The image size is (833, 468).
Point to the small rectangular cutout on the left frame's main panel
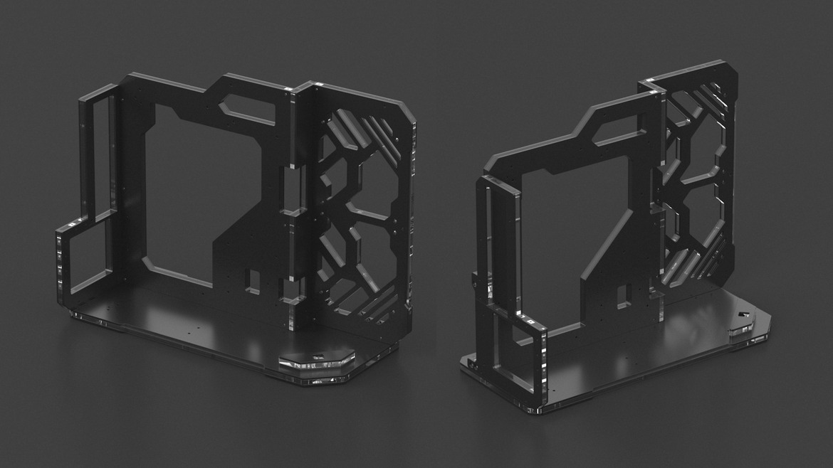point(253,279)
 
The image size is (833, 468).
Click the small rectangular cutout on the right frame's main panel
point(624,291)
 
